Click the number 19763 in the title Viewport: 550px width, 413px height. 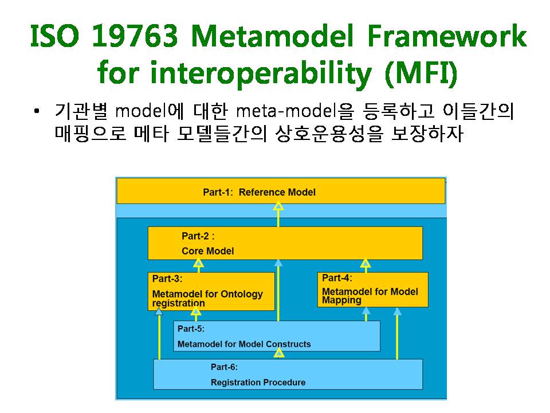pos(135,36)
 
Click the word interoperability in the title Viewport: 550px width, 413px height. pos(261,73)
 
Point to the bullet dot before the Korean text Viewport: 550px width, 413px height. pos(37,111)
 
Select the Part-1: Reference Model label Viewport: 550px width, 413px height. pos(259,192)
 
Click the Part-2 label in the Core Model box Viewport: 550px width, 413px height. pos(198,236)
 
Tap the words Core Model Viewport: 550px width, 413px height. pos(207,251)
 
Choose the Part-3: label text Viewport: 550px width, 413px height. pos(167,279)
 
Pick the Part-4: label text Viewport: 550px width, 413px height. pos(337,278)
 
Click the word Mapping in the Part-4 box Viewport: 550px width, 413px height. pos(341,301)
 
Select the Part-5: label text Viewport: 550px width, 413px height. pos(191,329)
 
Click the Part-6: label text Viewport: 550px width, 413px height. pos(224,367)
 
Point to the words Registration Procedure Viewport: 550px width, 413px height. pos(258,383)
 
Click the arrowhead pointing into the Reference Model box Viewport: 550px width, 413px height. pos(278,206)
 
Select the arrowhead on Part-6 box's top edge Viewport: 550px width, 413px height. pos(279,353)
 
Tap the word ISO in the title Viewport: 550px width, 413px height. pos(55,36)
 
